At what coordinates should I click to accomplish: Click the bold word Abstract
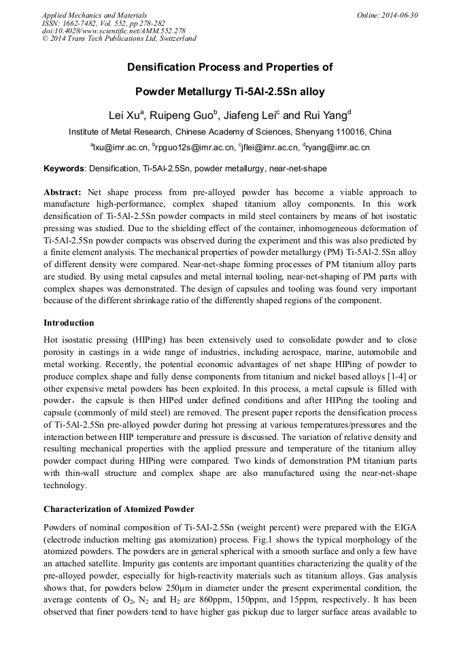click(x=63, y=193)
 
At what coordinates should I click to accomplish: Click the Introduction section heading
click(x=69, y=322)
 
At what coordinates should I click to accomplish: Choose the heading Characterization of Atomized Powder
click(x=119, y=509)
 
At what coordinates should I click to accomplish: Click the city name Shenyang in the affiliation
click(x=314, y=132)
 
